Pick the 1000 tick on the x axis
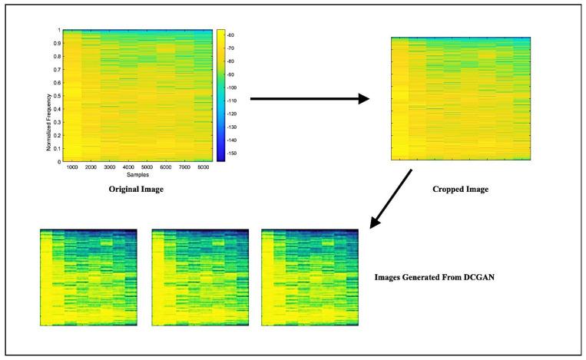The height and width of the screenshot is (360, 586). click(x=73, y=167)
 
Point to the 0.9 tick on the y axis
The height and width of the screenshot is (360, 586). click(x=56, y=43)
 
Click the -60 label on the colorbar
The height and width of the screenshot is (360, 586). click(x=231, y=35)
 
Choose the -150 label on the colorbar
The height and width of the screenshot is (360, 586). click(x=232, y=154)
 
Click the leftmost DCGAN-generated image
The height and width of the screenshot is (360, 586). click(x=88, y=277)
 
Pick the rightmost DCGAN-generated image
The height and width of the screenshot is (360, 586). click(x=310, y=277)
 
